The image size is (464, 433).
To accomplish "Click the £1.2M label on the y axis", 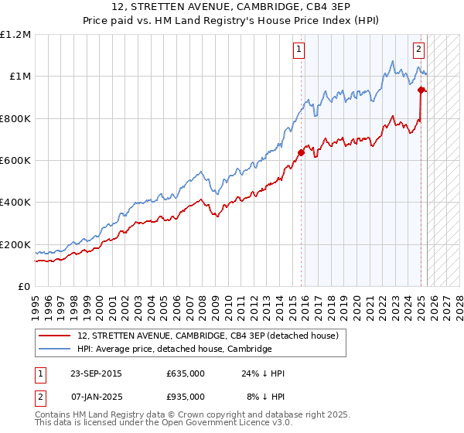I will pos(15,35).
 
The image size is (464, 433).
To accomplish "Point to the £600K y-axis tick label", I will pos(15,161).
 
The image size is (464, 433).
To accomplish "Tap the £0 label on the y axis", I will pos(23,287).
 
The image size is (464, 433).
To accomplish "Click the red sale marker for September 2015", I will pos(302,152).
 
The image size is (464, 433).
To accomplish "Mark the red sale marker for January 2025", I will pos(421,90).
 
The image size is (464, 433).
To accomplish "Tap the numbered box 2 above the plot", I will pos(418,50).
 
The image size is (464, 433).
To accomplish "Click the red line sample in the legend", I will pos(55,336).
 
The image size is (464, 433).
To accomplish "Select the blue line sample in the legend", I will pos(55,349).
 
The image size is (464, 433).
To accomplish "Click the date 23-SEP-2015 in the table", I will pos(96,373).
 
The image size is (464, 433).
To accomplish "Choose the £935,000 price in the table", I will pos(186,397).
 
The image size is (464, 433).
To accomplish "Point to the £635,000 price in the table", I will pos(186,373).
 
